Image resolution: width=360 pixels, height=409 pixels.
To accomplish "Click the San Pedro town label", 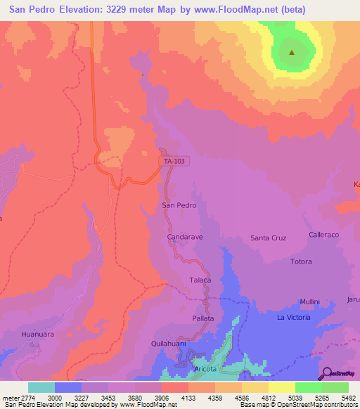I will coord(179,205).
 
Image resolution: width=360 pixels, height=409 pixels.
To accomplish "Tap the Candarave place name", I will coord(185,238).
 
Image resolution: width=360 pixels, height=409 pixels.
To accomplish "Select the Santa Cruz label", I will coord(269,238).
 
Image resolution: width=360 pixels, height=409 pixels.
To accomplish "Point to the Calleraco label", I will coord(324,235).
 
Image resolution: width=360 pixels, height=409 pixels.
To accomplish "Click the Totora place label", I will coord(301,261).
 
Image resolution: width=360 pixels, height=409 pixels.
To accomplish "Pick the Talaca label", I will coord(200,280).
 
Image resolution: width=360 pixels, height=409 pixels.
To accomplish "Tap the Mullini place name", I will coord(309,301).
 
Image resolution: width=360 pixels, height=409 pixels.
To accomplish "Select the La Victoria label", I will coord(293,318).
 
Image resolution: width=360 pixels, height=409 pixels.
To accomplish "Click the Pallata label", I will coord(202,318).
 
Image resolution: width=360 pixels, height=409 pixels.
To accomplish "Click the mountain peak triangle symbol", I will coord(291,51).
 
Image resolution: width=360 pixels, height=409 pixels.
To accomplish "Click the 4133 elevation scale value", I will coord(188,397).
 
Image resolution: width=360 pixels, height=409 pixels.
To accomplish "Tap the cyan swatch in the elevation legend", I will coord(41,387).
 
